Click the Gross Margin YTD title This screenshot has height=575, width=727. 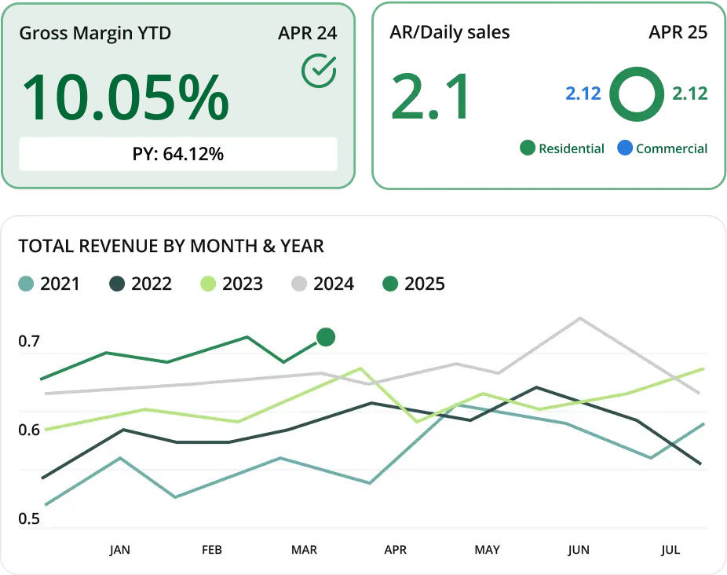tap(95, 34)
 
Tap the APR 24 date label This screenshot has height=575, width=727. tap(307, 34)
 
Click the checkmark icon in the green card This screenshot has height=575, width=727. tap(319, 71)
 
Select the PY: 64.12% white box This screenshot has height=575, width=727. tap(178, 154)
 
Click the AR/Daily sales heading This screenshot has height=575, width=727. tap(450, 32)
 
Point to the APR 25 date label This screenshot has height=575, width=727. tap(678, 32)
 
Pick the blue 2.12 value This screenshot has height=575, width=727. tap(583, 93)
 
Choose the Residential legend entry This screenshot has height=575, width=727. tap(562, 148)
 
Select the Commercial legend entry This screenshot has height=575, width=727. tap(663, 148)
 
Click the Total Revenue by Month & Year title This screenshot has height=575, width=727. tap(171, 246)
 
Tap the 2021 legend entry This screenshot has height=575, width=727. tap(49, 284)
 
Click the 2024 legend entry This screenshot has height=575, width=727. tap(323, 284)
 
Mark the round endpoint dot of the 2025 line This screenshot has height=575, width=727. tap(326, 337)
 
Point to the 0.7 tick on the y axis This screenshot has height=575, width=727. tap(29, 342)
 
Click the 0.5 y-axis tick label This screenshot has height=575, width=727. tap(29, 519)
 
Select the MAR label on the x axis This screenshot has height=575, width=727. tap(304, 550)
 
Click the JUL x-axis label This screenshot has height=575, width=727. tap(670, 550)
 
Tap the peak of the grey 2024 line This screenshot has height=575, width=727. tap(579, 318)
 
